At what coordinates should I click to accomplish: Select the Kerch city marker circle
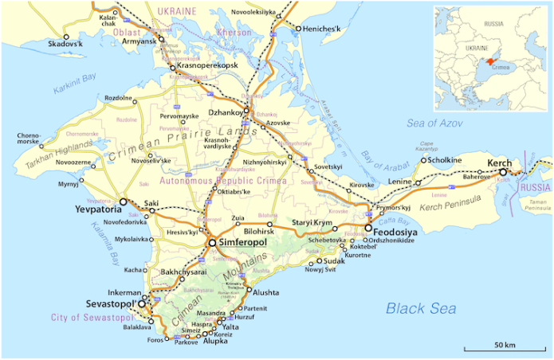pos(503,171)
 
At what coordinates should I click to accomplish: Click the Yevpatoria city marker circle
pos(123,202)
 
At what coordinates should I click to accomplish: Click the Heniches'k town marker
pos(297,29)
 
